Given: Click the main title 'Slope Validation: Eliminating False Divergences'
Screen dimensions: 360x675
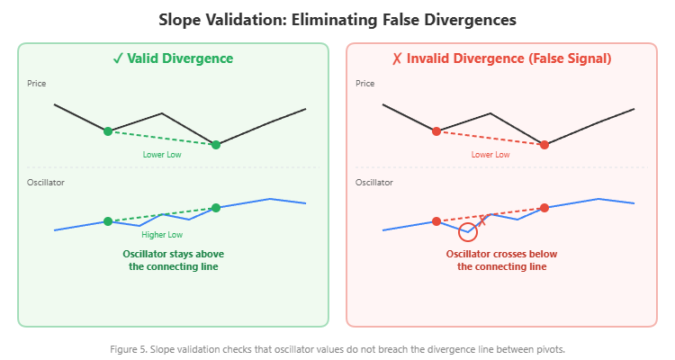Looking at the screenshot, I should pos(337,19).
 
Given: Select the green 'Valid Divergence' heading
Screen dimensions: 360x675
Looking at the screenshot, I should pos(173,58).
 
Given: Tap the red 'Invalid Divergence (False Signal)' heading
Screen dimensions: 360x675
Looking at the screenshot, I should pos(501,58).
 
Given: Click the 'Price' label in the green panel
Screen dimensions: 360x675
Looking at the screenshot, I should pos(37,84).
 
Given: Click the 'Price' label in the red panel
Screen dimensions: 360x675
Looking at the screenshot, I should pos(365,84).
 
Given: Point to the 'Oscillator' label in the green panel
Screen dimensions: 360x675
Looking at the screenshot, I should pos(46,183).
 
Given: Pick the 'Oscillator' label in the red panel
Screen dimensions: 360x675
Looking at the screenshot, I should pos(374,183).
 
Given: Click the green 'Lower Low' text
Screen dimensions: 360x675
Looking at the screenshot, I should pos(162,155).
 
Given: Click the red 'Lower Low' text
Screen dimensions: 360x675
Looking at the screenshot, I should pos(490,155).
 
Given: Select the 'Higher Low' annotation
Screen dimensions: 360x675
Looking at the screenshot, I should pos(162,234).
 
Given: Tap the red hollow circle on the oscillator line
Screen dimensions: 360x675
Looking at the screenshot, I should pos(468,232).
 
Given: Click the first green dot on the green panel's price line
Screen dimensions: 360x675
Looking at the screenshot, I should pos(108,131).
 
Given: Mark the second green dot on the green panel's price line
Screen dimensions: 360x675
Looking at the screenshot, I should pos(216,144).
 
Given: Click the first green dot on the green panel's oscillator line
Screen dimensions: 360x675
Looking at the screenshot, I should pos(108,221).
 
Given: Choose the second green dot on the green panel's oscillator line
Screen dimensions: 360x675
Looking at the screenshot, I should pos(216,208).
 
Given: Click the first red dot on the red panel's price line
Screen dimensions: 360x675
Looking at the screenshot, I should pos(436,131).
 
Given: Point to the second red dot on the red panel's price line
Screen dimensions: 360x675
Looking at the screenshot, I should pos(544,144).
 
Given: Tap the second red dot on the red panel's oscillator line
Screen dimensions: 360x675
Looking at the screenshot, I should pos(544,208).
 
